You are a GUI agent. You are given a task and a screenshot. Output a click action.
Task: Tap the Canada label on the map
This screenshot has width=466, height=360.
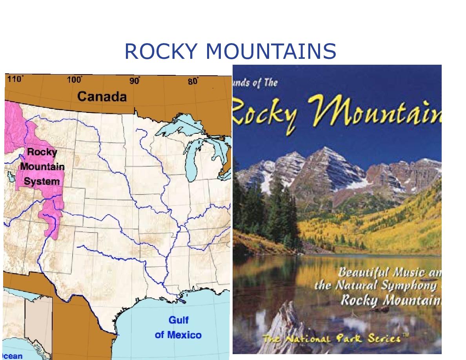102,96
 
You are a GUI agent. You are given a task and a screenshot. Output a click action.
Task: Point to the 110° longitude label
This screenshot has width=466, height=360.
15,79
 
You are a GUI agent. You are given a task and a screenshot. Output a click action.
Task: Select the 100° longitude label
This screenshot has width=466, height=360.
74,80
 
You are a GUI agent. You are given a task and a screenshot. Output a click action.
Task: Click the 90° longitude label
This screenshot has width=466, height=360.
135,81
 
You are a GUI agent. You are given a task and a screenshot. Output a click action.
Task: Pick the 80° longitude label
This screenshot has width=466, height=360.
193,81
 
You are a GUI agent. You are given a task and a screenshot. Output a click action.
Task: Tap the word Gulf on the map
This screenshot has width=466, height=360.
178,320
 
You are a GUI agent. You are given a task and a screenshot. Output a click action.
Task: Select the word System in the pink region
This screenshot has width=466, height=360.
42,181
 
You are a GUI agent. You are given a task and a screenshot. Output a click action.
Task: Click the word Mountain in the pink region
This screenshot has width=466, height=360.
42,166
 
